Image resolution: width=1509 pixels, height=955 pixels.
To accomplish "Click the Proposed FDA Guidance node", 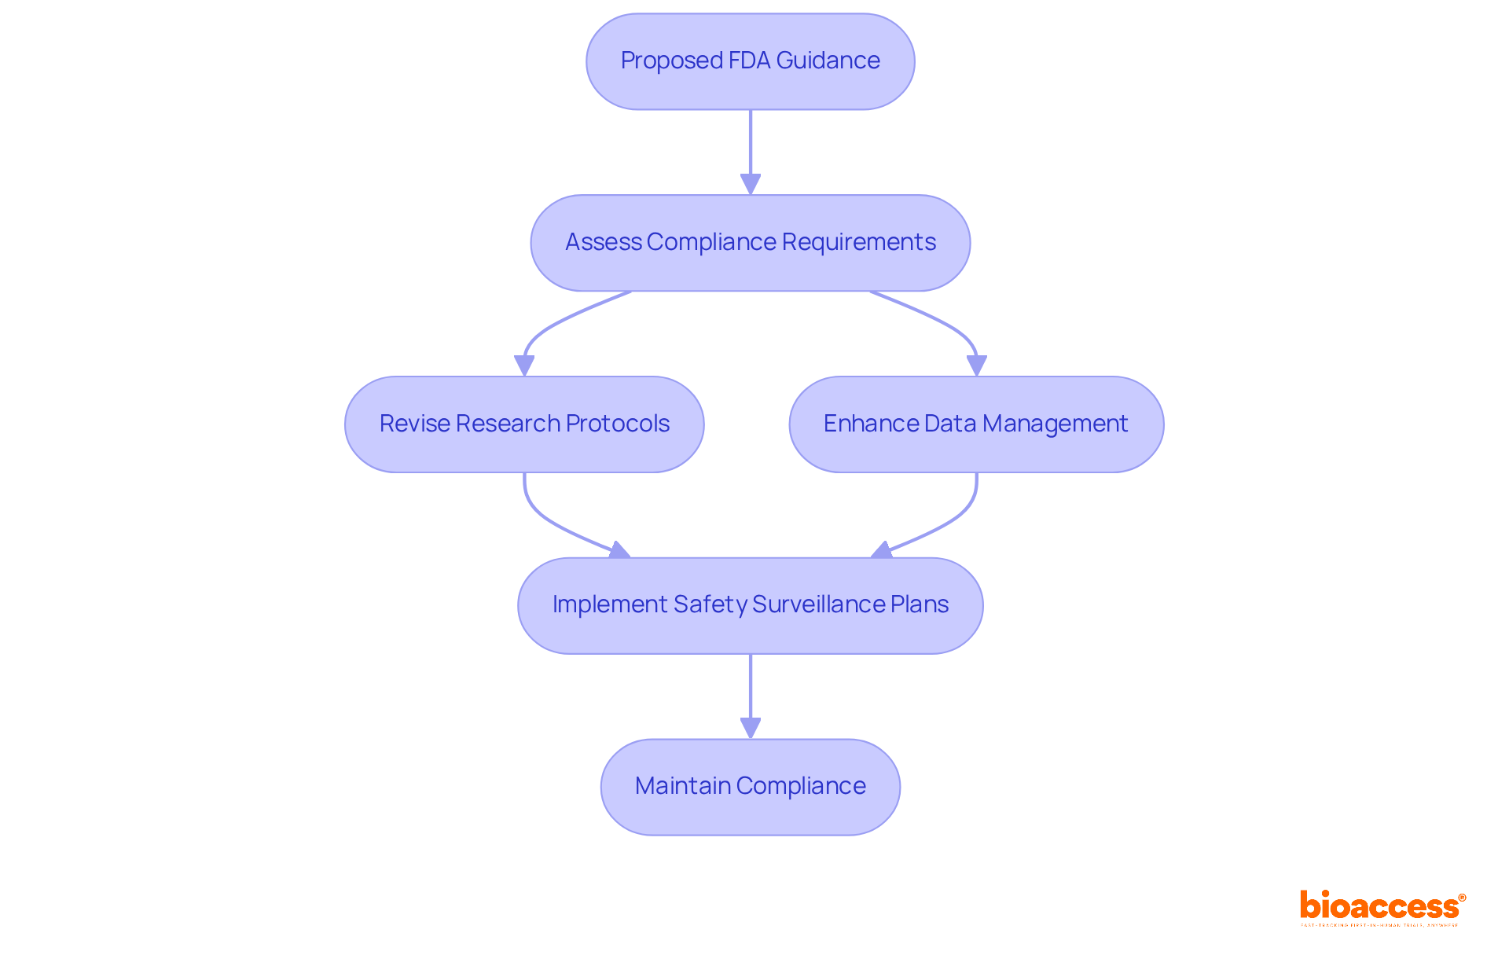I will click(x=750, y=61).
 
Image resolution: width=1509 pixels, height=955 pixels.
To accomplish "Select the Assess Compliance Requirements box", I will click(x=750, y=243).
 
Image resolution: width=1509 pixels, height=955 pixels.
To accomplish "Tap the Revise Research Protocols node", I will click(x=524, y=424).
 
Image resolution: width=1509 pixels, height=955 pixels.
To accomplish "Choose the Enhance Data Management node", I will click(x=976, y=424).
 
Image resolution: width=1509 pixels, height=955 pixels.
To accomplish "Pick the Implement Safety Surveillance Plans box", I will click(x=750, y=605).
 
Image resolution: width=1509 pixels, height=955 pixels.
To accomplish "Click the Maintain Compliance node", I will click(x=750, y=787).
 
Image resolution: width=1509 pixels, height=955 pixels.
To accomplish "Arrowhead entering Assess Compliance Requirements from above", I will click(x=750, y=184).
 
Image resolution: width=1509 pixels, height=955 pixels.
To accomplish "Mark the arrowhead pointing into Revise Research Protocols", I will click(x=524, y=365).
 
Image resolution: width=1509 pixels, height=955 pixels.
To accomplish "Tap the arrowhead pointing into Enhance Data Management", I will click(x=976, y=365).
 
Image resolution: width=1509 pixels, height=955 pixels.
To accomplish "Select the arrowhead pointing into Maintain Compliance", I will click(x=750, y=728).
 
